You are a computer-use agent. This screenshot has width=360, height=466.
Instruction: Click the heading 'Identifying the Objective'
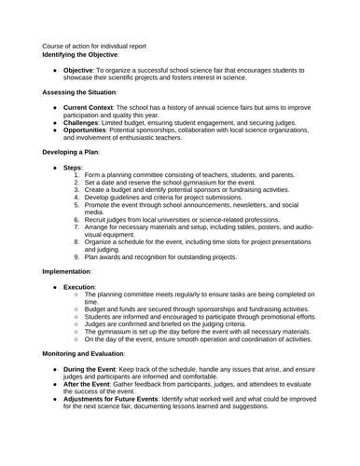pyautogui.click(x=86, y=53)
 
